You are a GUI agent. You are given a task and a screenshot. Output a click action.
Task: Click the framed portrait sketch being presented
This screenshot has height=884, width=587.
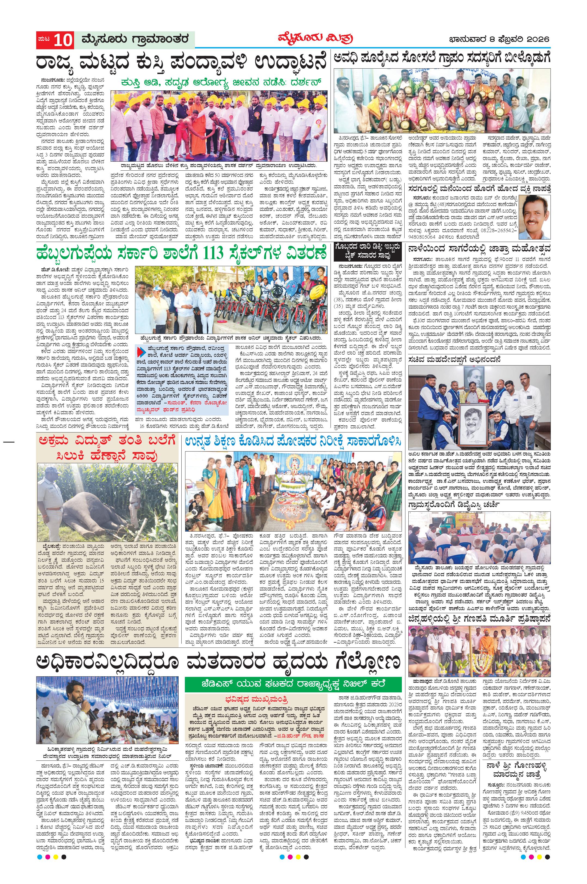(x=479, y=423)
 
